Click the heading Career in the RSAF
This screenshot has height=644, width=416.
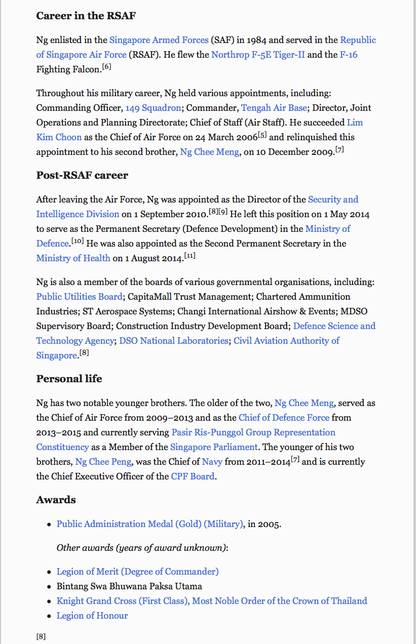pyautogui.click(x=86, y=16)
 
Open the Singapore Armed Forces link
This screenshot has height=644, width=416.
pyautogui.click(x=159, y=40)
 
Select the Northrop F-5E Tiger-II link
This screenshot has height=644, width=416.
pyautogui.click(x=258, y=55)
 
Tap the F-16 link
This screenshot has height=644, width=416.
pyautogui.click(x=348, y=55)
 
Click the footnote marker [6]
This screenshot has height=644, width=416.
pyautogui.click(x=106, y=67)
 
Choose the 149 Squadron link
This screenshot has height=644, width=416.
pyautogui.click(x=153, y=108)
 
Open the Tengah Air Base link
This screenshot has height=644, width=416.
pyautogui.click(x=274, y=108)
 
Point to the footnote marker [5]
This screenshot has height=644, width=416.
pyautogui.click(x=262, y=135)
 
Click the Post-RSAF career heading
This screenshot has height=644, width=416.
pyautogui.click(x=82, y=175)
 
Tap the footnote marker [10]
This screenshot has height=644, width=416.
pyautogui.click(x=78, y=241)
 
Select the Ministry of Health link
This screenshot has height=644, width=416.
pyautogui.click(x=73, y=258)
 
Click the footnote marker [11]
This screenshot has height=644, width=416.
pyautogui.click(x=190, y=256)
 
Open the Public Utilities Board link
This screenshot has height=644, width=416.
pyautogui.click(x=79, y=297)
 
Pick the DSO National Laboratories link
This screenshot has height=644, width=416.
pyautogui.click(x=174, y=341)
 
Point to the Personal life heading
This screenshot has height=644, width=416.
pyautogui.click(x=69, y=379)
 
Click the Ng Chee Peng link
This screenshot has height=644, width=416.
pyautogui.click(x=103, y=462)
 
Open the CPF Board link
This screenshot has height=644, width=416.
pyautogui.click(x=193, y=476)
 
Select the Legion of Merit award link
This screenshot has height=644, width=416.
pyautogui.click(x=137, y=572)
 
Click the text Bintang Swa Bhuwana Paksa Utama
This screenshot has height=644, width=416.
pyautogui.click(x=129, y=586)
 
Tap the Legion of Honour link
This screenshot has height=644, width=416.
pyautogui.click(x=92, y=616)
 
